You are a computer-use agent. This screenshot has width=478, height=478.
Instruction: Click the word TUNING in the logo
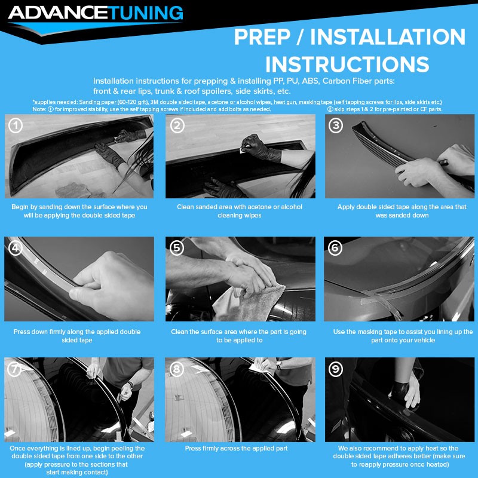pyautogui.click(x=146, y=13)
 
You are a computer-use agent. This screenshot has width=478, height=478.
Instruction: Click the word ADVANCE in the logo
pyautogui.click(x=59, y=13)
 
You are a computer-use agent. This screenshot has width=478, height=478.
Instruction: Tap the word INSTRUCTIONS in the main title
pyautogui.click(x=347, y=65)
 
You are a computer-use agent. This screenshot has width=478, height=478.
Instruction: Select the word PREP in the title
pyautogui.click(x=262, y=37)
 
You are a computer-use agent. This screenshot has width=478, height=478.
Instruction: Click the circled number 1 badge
pyautogui.click(x=16, y=125)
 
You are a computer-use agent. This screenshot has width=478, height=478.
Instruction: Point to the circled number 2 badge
pyautogui.click(x=177, y=125)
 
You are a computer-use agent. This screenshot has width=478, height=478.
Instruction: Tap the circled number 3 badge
pyautogui.click(x=336, y=125)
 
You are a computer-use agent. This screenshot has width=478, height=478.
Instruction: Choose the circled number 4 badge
pyautogui.click(x=16, y=248)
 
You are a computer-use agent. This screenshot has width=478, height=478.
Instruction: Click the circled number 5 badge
pyautogui.click(x=177, y=248)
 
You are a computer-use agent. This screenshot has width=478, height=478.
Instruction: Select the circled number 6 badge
pyautogui.click(x=335, y=248)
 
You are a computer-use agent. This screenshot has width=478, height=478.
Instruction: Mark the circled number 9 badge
pyautogui.click(x=336, y=369)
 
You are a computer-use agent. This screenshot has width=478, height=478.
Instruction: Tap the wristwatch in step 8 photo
pyautogui.click(x=278, y=365)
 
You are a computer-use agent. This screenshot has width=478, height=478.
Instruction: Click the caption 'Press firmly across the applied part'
pyautogui.click(x=236, y=448)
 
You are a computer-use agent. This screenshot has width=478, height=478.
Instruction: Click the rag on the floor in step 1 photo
pyautogui.click(x=73, y=190)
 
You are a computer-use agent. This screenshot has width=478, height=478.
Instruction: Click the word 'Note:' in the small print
pyautogui.click(x=39, y=109)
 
